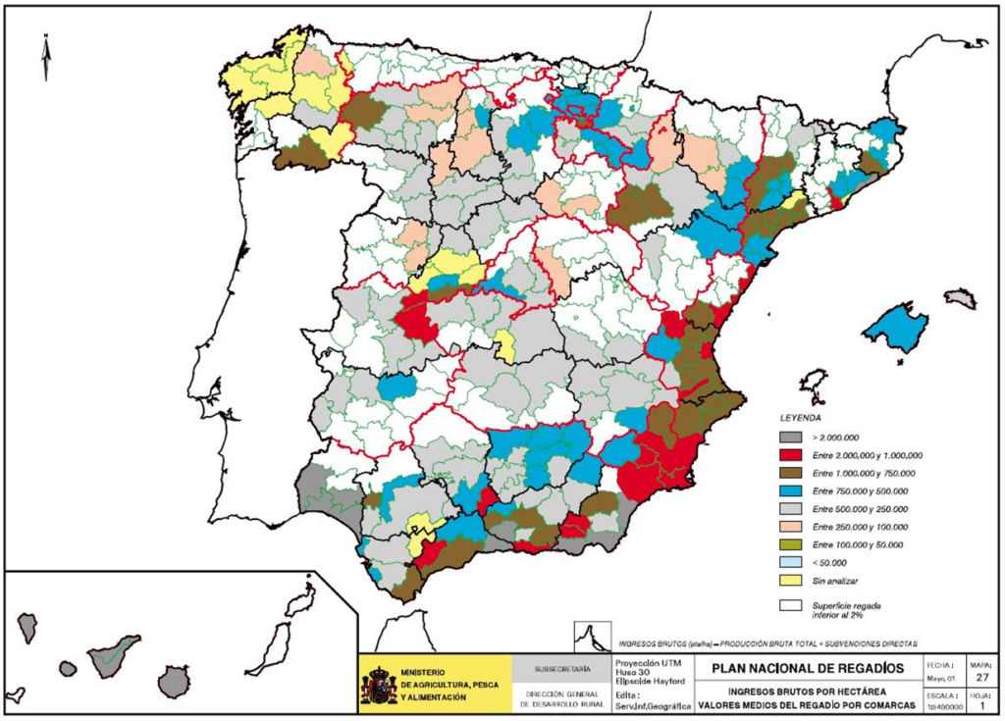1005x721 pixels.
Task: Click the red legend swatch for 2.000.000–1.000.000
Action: tap(790, 455)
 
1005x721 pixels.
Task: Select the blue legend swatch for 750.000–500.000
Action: tap(790, 490)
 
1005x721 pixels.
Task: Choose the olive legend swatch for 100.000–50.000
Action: tap(790, 543)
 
